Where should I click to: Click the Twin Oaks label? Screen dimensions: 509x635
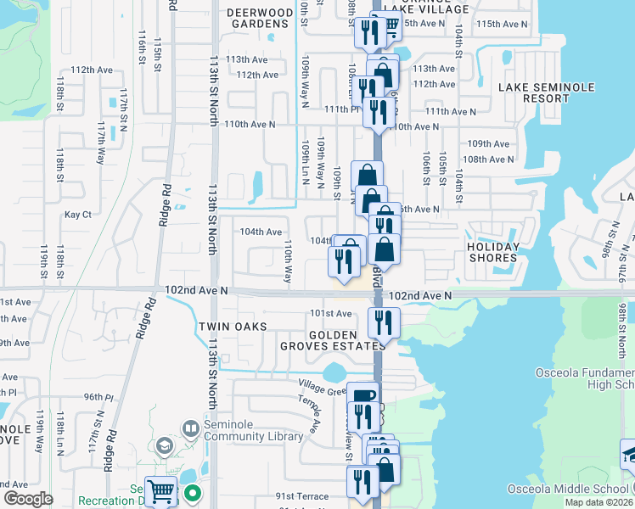coord(233,327)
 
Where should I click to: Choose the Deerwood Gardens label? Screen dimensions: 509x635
coord(259,18)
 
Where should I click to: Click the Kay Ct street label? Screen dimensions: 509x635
coord(77,215)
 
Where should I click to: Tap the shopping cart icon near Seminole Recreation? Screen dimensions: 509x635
coord(160,491)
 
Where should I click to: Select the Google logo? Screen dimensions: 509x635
coord(28,499)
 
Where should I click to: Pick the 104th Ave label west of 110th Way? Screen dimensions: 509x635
coord(261,232)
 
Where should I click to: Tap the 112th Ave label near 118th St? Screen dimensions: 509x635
coord(93,70)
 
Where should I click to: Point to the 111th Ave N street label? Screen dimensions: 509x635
coord(451,111)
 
